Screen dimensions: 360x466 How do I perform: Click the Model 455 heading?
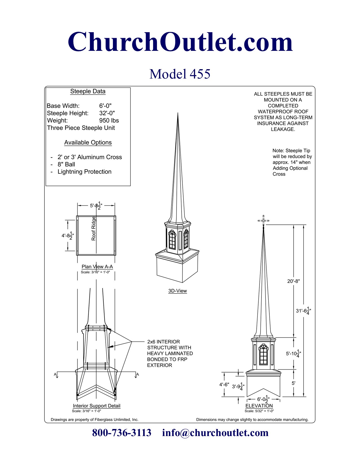click(180, 74)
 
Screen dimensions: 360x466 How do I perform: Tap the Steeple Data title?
click(88, 91)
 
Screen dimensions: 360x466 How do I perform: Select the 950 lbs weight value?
click(109, 121)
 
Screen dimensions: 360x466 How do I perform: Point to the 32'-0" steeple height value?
click(107, 113)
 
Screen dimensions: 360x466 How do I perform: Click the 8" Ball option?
click(66, 164)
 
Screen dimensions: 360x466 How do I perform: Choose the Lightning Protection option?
click(84, 172)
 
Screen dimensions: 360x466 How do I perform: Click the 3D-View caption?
click(178, 291)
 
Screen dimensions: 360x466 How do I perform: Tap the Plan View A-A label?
click(97, 267)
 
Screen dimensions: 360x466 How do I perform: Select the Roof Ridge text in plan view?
click(93, 228)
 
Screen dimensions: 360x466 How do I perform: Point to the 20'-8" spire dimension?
click(294, 281)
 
